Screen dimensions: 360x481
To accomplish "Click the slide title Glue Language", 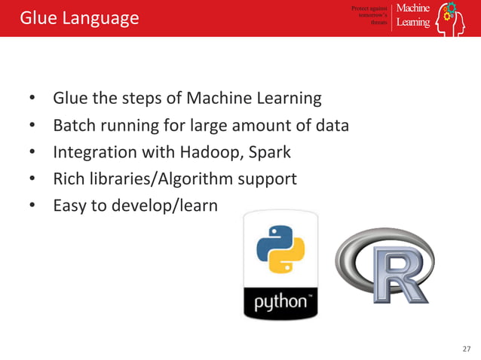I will pos(79,17).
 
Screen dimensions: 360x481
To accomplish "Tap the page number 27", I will pos(465,349).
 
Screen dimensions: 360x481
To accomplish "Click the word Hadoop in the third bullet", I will pos(207,152).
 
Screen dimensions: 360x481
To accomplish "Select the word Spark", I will pos(269,152).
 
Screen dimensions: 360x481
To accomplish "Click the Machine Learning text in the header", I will pos(413,15).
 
